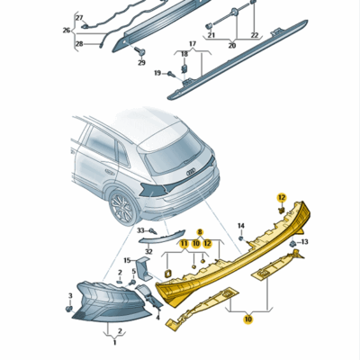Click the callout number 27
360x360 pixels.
[78, 18]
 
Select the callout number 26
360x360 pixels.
[67, 30]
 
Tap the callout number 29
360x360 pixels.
[140, 63]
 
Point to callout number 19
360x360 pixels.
[157, 73]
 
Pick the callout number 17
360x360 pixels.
[191, 42]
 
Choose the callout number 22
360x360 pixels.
[253, 35]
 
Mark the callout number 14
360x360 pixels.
[240, 225]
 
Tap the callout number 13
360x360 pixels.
[304, 242]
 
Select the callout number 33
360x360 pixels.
[141, 231]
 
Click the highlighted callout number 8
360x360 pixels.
[201, 232]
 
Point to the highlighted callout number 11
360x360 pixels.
[184, 243]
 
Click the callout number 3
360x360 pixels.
[70, 295]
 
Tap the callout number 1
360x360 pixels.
[114, 343]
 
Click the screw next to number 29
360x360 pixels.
[139, 51]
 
